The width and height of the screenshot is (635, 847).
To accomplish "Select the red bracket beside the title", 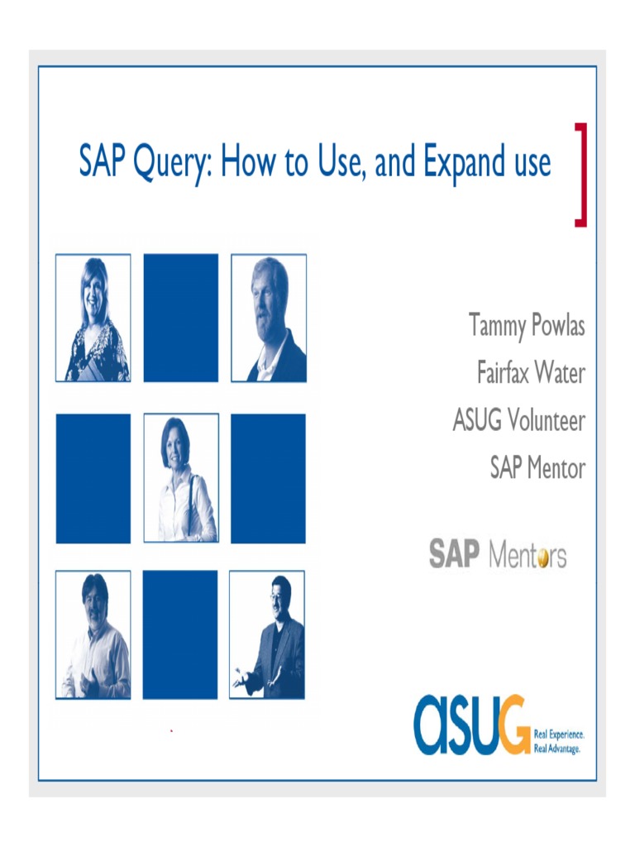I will point(580,174).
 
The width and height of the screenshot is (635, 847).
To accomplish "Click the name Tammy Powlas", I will point(527,325).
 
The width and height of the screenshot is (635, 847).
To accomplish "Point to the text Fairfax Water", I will point(530,373).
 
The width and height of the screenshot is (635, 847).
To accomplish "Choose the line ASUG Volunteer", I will point(518,421).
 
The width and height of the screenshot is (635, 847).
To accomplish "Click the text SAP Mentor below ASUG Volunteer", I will point(537,469).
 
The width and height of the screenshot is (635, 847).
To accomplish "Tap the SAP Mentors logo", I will point(498,554).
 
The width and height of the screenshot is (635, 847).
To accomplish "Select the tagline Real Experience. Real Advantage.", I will point(560,740).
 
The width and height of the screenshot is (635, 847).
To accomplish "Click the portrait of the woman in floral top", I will point(93,318).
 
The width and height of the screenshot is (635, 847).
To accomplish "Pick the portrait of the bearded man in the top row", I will point(269,318).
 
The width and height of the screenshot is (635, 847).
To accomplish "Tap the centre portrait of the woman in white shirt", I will point(181,478).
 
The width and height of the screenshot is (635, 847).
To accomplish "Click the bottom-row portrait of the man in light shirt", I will point(93,634).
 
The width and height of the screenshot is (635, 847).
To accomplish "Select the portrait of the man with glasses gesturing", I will point(267,634).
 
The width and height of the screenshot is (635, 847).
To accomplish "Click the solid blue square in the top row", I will point(181,318).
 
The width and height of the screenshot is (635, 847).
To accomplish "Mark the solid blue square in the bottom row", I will point(180,634).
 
